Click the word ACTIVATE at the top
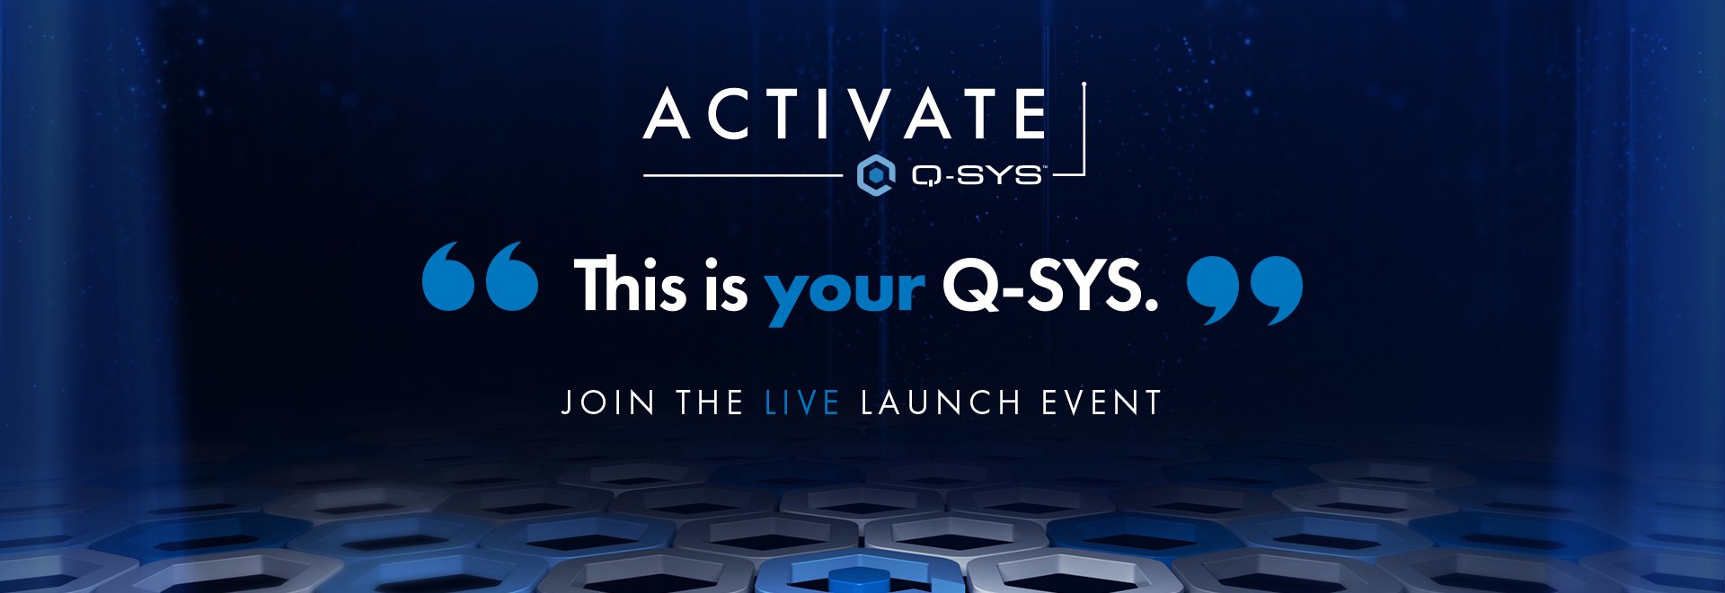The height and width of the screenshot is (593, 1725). coord(845,114)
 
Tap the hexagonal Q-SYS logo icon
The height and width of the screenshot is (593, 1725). coord(876,174)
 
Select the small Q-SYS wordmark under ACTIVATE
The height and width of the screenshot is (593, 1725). coord(977,174)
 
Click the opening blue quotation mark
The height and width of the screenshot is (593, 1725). coord(481,276)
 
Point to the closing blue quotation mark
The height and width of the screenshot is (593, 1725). coord(1244,290)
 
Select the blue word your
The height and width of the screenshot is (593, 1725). coord(845,293)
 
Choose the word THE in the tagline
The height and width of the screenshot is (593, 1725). coord(710,402)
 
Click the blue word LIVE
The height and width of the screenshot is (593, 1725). coord(802,402)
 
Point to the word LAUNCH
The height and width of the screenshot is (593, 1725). coord(941,402)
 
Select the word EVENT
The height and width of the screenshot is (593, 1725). coord(1101,402)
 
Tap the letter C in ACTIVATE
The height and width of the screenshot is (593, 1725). coord(725,114)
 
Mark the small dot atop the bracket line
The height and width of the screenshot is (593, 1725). coord(1084,85)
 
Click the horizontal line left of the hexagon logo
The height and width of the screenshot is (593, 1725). coord(744,175)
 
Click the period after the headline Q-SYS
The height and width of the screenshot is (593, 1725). coord(1150,305)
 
